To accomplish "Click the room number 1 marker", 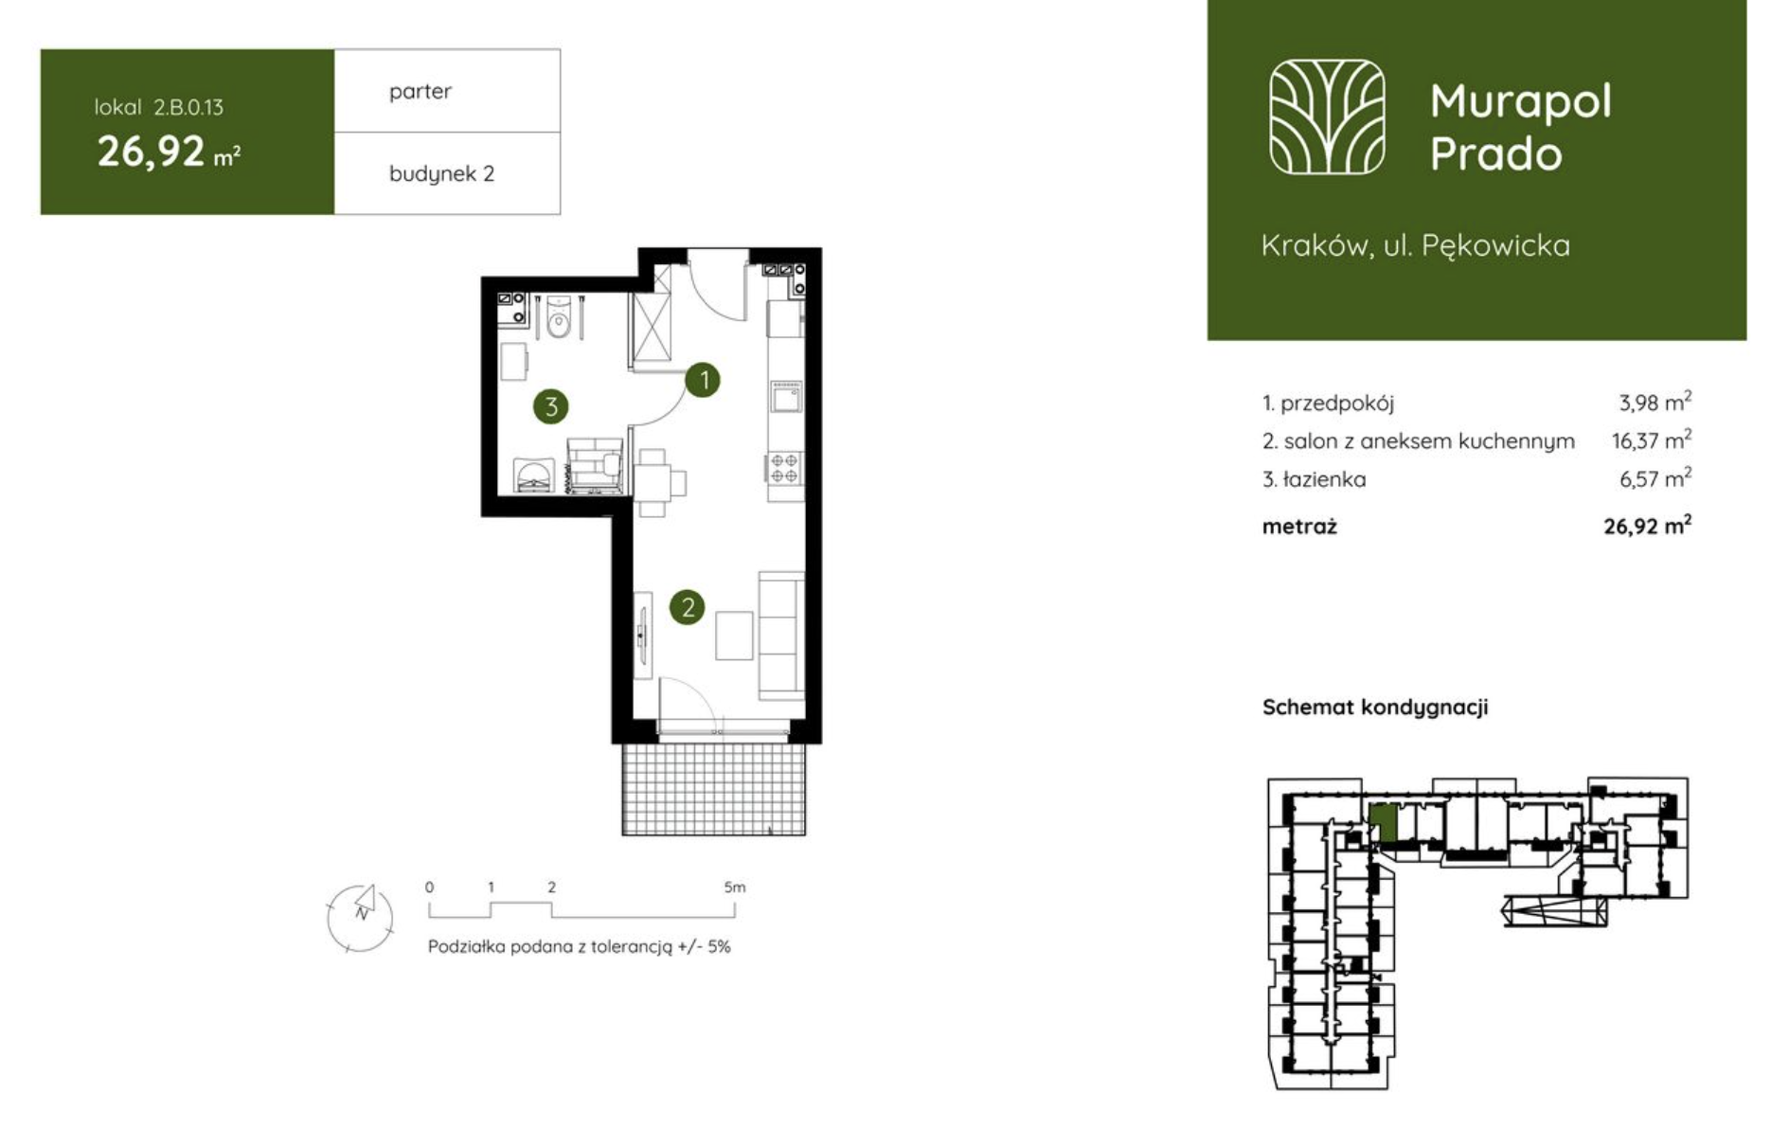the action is pyautogui.click(x=704, y=381).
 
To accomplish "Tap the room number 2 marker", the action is pyautogui.click(x=688, y=606).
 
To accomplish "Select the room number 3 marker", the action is pyautogui.click(x=551, y=407).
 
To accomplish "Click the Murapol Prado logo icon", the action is pyautogui.click(x=1327, y=117).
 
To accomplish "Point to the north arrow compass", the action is pyautogui.click(x=360, y=918).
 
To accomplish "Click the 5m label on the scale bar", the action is pyautogui.click(x=735, y=887).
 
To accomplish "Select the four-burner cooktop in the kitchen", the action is pyautogui.click(x=784, y=468).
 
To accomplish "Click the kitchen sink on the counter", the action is pyautogui.click(x=786, y=398).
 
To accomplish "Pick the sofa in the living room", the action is pyautogui.click(x=781, y=636).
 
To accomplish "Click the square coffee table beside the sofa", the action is pyautogui.click(x=734, y=636).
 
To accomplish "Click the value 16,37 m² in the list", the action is pyautogui.click(x=1652, y=440).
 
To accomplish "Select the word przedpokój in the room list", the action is pyautogui.click(x=1337, y=403).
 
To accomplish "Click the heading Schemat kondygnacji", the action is pyautogui.click(x=1375, y=708).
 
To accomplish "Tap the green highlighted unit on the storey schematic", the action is pyautogui.click(x=1384, y=823).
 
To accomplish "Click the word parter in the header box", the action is pyautogui.click(x=420, y=92).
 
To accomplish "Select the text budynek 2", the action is pyautogui.click(x=441, y=174).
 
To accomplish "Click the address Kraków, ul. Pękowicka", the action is pyautogui.click(x=1416, y=246).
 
